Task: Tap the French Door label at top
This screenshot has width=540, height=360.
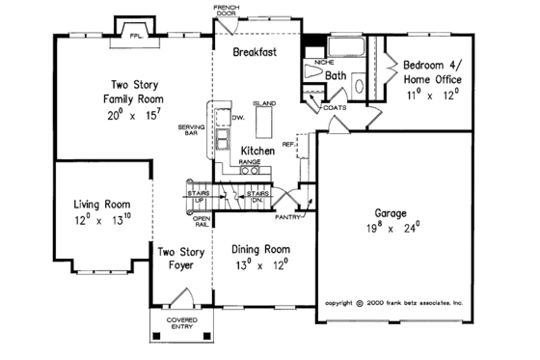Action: click(229, 10)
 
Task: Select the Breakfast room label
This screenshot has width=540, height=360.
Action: click(255, 54)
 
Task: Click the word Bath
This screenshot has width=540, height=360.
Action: click(337, 74)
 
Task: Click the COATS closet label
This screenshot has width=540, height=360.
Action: click(335, 108)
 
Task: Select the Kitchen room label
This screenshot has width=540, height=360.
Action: click(257, 152)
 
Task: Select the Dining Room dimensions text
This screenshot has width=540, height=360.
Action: click(260, 263)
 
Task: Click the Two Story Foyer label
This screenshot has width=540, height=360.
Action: click(179, 260)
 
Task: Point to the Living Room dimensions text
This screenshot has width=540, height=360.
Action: click(102, 218)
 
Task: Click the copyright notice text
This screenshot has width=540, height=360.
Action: click(394, 302)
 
